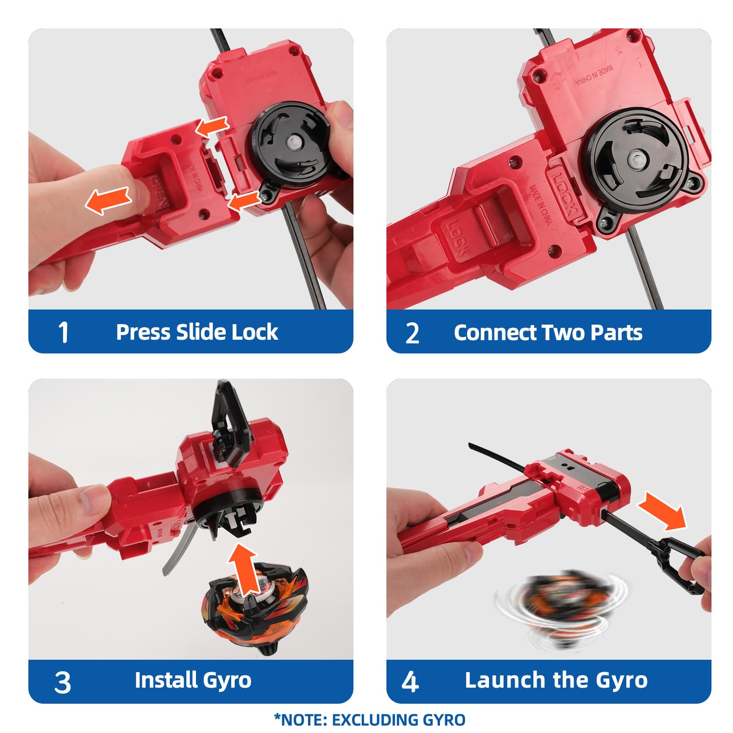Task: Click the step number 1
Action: pos(63,332)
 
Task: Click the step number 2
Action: pos(412,333)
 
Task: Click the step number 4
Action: pos(410,681)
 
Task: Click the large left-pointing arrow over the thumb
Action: pos(109,200)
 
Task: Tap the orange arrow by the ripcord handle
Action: pos(663,510)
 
